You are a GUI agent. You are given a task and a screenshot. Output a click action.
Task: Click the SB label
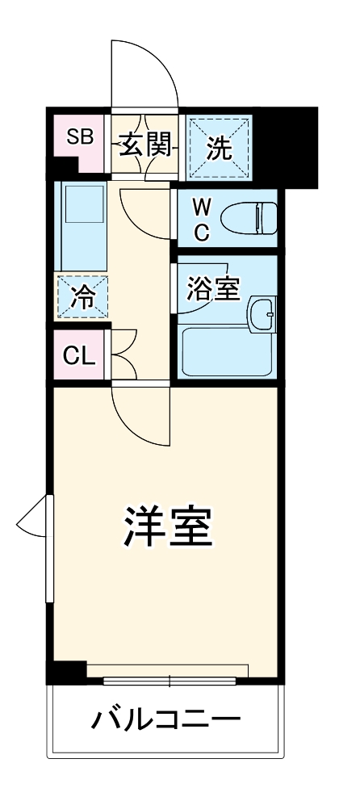[x=78, y=136]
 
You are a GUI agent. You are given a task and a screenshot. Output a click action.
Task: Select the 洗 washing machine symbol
[x=220, y=148]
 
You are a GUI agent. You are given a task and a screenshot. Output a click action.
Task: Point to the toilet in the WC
[x=249, y=217]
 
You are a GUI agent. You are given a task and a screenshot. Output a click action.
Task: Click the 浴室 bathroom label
[x=213, y=289]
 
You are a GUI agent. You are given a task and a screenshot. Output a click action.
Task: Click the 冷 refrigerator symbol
[x=82, y=297]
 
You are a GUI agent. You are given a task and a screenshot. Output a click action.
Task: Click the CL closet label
[x=79, y=354]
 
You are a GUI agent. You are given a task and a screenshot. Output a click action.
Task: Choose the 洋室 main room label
[x=167, y=526]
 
